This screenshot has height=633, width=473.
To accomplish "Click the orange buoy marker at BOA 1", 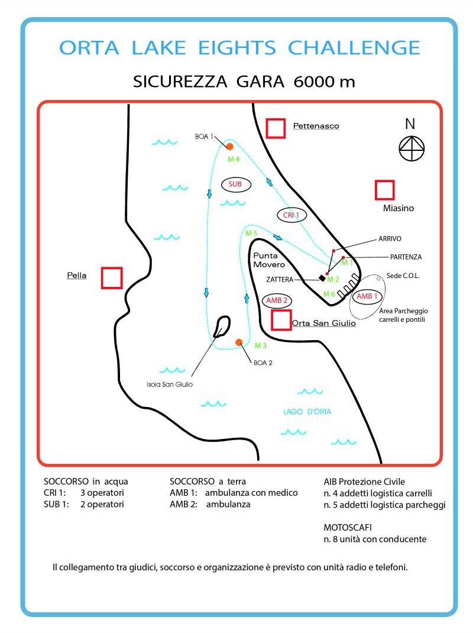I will [229, 146].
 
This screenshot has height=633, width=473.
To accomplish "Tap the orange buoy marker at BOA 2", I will [239, 343].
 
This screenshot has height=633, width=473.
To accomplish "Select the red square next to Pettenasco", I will [276, 128].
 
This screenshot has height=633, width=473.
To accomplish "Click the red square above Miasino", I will [385, 190].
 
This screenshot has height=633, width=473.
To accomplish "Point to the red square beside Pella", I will [111, 277].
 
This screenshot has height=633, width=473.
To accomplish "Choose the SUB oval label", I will [235, 185].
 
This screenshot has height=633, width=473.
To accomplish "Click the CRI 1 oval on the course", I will [292, 215].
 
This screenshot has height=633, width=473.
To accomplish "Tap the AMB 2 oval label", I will [277, 301].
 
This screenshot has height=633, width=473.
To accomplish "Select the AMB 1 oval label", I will [367, 296].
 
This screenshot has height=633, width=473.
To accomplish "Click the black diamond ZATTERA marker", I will [322, 277].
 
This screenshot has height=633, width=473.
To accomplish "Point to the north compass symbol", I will [412, 148].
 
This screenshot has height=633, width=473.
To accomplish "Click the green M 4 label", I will [234, 159].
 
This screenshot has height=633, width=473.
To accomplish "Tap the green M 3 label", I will [261, 345].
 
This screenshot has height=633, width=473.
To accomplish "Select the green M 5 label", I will [251, 233].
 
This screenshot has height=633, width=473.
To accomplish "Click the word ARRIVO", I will [390, 239].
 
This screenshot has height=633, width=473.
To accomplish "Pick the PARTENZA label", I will [406, 257].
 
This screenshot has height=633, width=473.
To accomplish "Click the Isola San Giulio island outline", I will [222, 325].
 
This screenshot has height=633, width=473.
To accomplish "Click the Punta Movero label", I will [269, 260].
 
